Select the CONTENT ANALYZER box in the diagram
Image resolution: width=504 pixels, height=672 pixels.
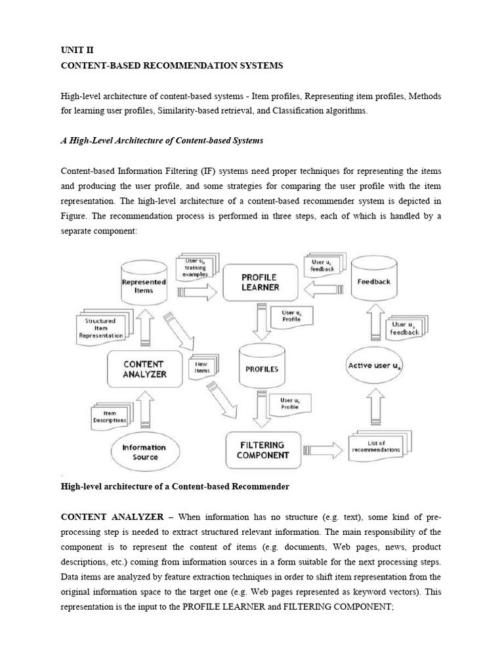point(144,369)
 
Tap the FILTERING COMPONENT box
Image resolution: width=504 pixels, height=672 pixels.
point(262,450)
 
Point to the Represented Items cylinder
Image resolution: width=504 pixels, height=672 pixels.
point(144,285)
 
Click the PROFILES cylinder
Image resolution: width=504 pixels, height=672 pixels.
point(261,369)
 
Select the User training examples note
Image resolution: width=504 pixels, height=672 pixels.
point(195,268)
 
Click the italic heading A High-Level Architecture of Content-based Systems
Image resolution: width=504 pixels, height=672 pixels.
point(161,140)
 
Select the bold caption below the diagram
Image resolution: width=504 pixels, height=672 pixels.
point(175,486)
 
